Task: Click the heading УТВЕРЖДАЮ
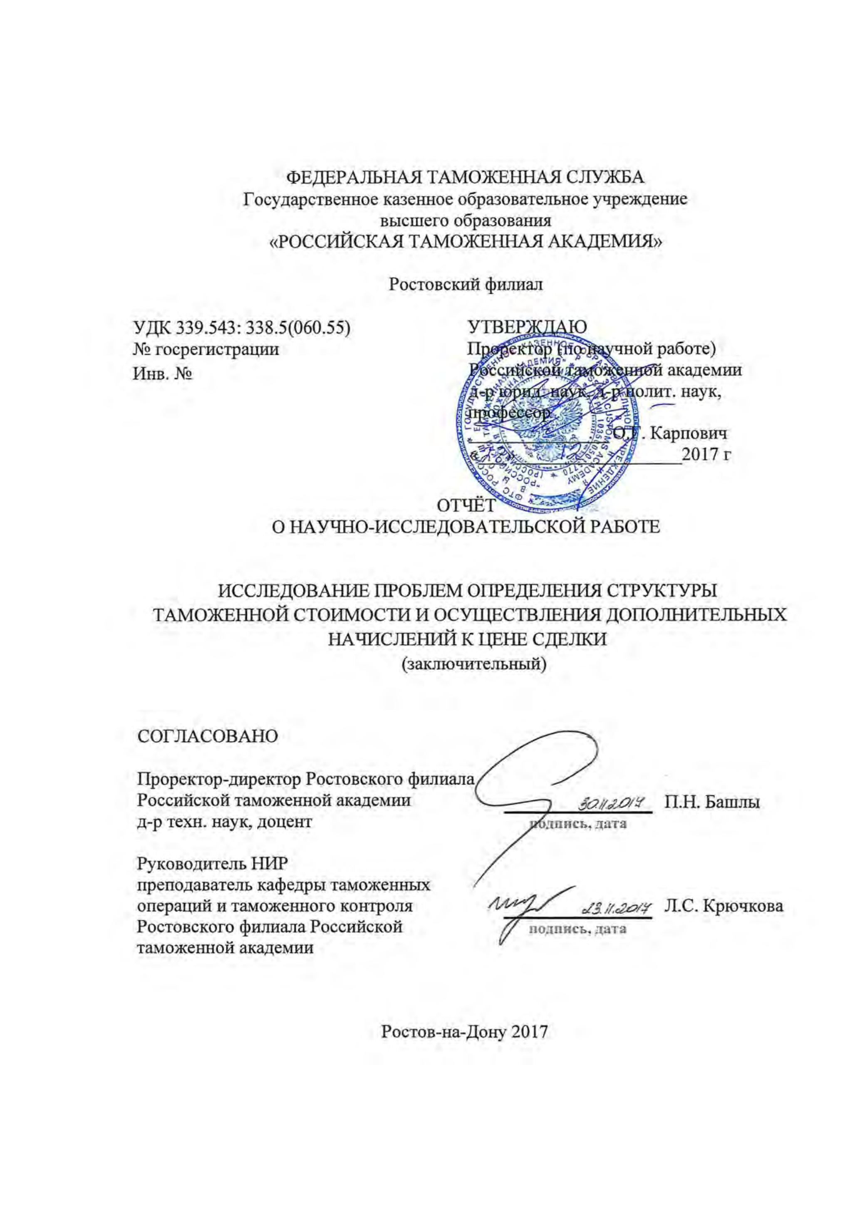click(528, 327)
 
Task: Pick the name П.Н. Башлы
click(712, 802)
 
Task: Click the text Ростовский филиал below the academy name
click(466, 285)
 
